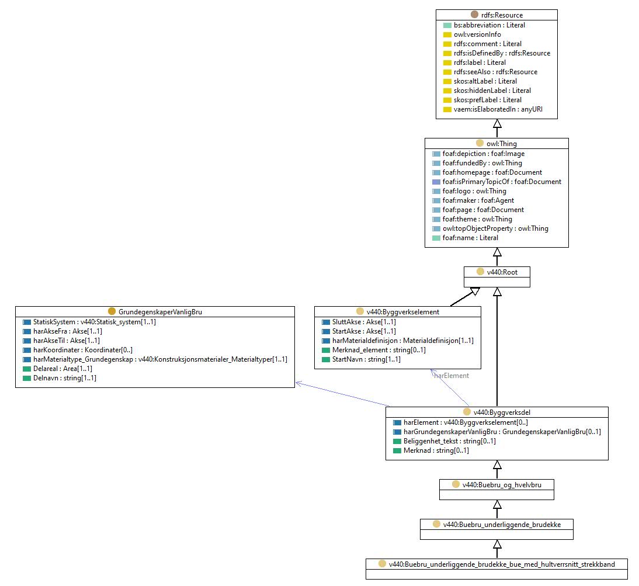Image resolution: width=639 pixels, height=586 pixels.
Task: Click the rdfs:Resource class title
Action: click(502, 15)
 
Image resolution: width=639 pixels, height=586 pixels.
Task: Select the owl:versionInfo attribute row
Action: click(477, 34)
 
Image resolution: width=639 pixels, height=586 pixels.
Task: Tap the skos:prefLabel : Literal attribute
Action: click(487, 100)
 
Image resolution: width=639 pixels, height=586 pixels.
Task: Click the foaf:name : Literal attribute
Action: click(470, 238)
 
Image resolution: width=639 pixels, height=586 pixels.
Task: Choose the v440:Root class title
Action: click(502, 272)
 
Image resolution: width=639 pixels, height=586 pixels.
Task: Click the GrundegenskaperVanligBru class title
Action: click(160, 312)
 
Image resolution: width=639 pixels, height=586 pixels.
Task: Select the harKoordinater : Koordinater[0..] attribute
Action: click(83, 350)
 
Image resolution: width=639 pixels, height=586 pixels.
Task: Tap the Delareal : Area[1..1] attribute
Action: click(62, 369)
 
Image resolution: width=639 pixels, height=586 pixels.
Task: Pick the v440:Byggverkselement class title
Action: click(403, 312)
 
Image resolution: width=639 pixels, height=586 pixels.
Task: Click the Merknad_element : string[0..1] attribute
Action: click(379, 350)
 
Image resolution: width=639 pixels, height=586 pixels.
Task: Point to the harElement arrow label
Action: click(452, 376)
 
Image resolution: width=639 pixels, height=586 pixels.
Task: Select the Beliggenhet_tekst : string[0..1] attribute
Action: click(450, 441)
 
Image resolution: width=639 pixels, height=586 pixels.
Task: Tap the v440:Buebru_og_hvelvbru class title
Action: click(502, 485)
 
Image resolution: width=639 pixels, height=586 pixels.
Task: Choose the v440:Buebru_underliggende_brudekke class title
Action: click(502, 525)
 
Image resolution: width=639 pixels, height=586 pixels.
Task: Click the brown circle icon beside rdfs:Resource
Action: click(474, 15)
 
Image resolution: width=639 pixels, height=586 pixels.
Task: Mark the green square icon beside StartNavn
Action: click(325, 359)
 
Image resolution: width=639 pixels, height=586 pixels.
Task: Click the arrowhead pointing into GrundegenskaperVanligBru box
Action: click(298, 383)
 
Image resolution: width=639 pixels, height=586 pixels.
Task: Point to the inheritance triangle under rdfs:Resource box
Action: click(497, 123)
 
